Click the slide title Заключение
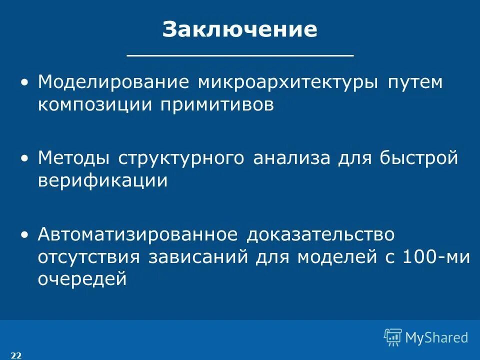pos(239,29)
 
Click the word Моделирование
pos(113,81)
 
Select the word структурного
pos(181,158)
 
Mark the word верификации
pos(102,181)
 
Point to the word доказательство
pos(320,234)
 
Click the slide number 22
pos(16,355)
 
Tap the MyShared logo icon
pos(393,337)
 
